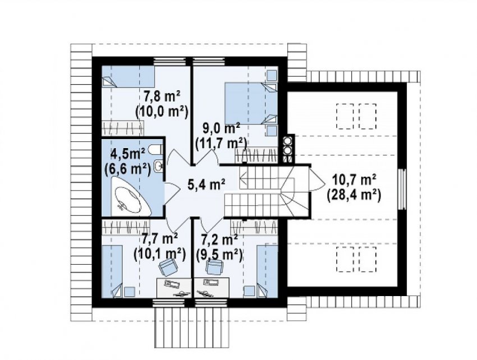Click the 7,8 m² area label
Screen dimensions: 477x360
pos(162,98)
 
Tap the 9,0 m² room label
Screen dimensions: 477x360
pos(221,128)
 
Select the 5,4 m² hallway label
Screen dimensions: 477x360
pos(207,184)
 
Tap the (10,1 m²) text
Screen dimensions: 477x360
pos(160,253)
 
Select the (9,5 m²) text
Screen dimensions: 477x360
pos(219,254)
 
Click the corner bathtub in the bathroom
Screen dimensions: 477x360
pos(131,197)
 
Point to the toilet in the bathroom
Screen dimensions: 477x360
pos(156,149)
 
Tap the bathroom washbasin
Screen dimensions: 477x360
pos(159,166)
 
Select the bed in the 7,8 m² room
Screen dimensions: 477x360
pos(128,77)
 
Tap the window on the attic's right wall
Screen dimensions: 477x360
pos(402,189)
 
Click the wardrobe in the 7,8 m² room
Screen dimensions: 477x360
pos(122,128)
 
